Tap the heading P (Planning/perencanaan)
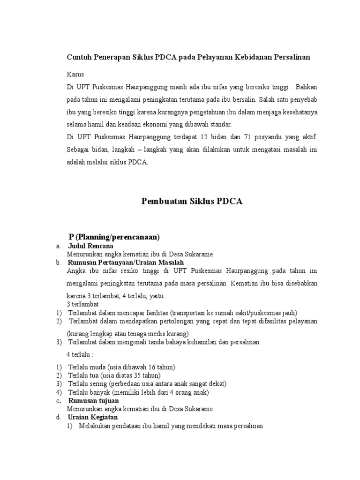114,236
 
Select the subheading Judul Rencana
91,246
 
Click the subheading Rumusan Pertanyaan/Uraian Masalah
126,262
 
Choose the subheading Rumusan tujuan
94,401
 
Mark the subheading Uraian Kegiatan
93,417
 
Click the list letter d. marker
57,417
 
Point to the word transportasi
192,313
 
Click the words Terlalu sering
85,384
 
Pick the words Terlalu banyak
86,392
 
